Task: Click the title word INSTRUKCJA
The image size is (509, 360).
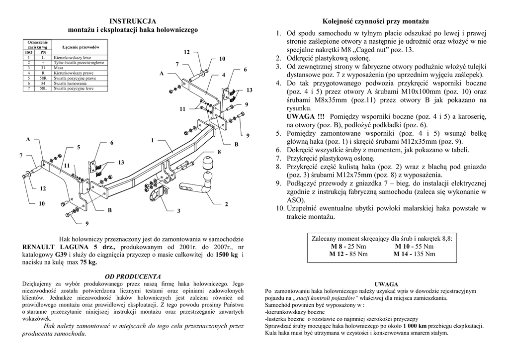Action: [133, 21]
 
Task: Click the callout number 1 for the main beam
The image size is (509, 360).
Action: [152, 141]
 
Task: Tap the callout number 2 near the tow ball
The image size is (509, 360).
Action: [226, 204]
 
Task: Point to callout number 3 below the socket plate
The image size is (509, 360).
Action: [178, 211]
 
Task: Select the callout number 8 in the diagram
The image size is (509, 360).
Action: [219, 151]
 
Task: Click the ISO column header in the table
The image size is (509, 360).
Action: [29, 52]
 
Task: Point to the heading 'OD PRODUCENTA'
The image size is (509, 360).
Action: [133, 276]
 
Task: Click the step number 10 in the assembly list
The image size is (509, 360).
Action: [280, 208]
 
